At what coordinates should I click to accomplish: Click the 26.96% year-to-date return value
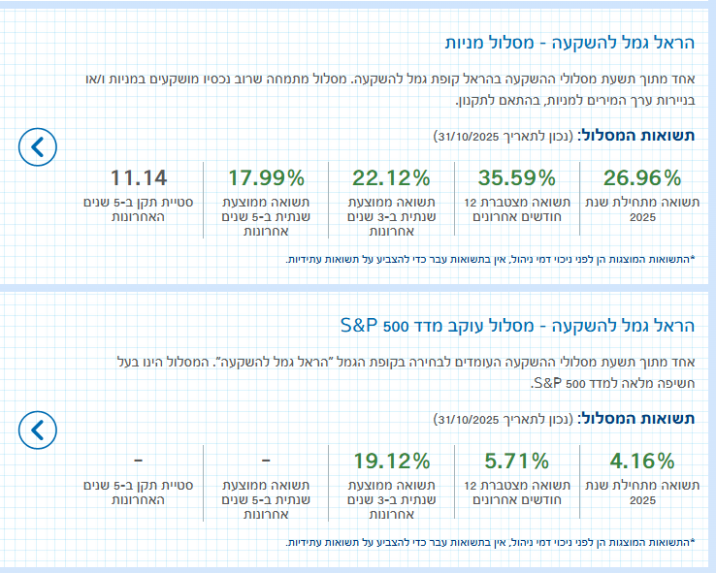click(x=642, y=177)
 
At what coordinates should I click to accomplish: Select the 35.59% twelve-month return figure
click(x=517, y=177)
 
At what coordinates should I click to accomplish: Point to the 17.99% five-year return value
click(x=267, y=177)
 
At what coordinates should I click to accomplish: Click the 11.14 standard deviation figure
click(x=139, y=177)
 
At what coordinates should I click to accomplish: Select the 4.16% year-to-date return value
click(x=642, y=461)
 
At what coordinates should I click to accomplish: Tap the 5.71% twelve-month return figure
click(x=517, y=461)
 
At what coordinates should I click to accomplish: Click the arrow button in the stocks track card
click(x=38, y=146)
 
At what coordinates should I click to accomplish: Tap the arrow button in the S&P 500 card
click(x=38, y=429)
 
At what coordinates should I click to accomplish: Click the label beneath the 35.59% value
click(x=517, y=210)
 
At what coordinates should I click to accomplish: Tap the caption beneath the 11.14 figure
click(x=139, y=210)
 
